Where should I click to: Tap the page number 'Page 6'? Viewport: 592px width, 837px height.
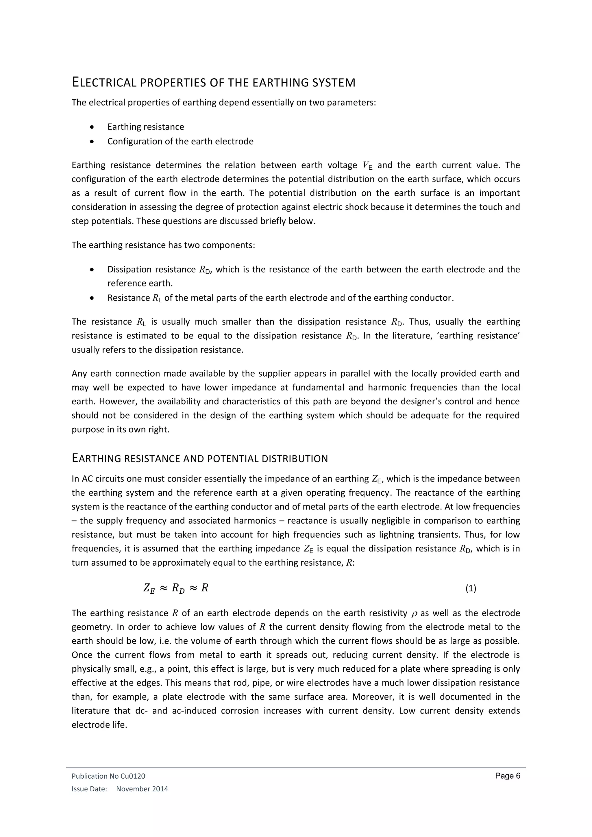[x=507, y=776]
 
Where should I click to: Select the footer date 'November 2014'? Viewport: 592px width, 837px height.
[x=142, y=789]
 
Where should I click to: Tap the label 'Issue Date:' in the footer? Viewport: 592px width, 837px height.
[x=89, y=789]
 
